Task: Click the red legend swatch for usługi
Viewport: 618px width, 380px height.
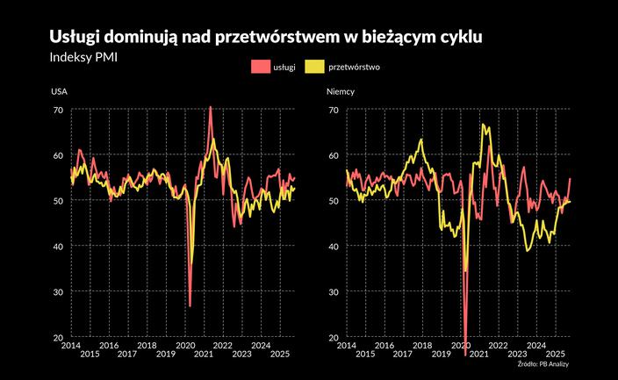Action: tap(258, 67)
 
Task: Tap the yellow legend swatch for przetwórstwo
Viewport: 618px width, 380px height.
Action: tap(313, 67)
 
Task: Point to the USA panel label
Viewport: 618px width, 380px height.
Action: tap(59, 91)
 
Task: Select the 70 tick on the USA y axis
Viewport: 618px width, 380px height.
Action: tap(58, 110)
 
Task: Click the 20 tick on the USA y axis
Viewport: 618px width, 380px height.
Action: tap(58, 337)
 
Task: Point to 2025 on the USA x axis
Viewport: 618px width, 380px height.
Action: tap(281, 354)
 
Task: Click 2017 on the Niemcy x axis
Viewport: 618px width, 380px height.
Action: tap(403, 354)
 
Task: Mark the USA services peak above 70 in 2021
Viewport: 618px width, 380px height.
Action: tap(210, 107)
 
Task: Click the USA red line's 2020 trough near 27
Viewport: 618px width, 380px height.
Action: tap(190, 305)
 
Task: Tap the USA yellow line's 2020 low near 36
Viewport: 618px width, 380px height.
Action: tap(192, 263)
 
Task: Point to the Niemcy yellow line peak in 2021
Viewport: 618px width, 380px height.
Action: tap(484, 125)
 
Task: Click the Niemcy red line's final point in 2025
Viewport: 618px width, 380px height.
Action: tap(571, 178)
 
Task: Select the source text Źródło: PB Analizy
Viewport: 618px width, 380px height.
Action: tap(543, 363)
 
